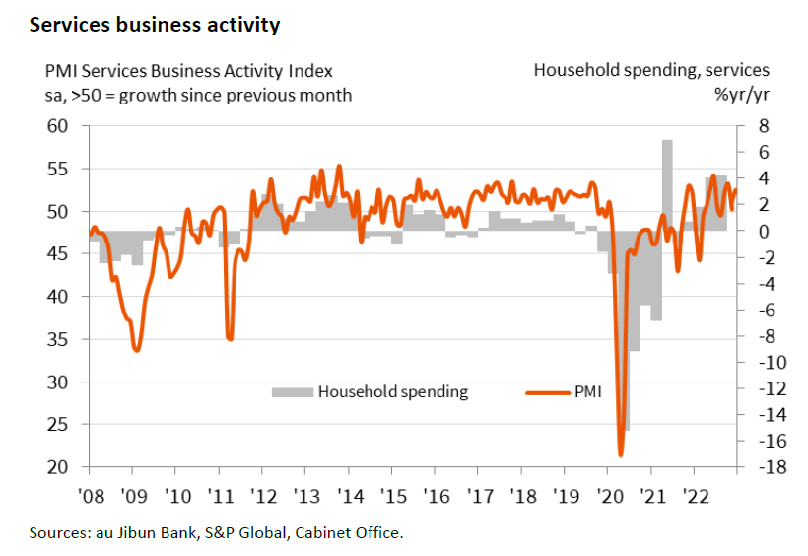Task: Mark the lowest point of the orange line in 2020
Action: pos(621,454)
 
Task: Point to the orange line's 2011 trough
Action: pos(230,338)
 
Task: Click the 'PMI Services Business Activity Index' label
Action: pos(188,71)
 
